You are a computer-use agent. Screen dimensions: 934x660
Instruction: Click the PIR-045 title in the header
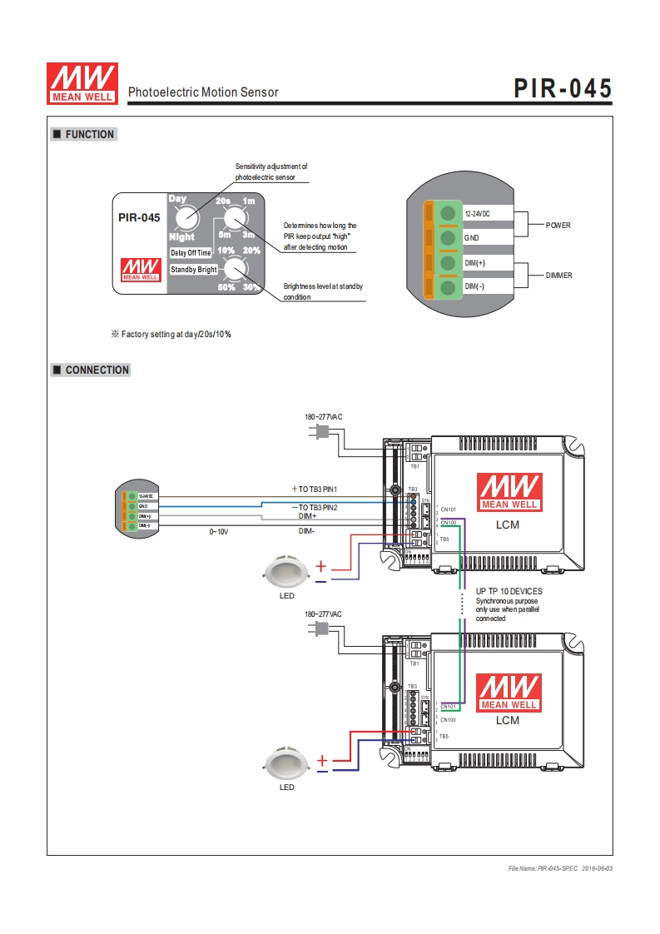[x=562, y=88]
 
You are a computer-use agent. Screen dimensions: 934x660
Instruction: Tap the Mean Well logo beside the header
[x=81, y=83]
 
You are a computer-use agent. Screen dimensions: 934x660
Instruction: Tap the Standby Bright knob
[x=236, y=268]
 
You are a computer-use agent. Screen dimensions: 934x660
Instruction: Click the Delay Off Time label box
[x=191, y=252]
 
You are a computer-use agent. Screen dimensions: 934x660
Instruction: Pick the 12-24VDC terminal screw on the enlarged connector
[x=449, y=213]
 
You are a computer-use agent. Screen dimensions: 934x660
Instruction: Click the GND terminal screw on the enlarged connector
[x=449, y=238]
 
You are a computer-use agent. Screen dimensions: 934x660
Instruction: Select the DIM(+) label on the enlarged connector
[x=475, y=263]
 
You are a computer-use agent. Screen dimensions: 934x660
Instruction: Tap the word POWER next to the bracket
[x=558, y=226]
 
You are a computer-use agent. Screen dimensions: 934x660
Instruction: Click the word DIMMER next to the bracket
[x=558, y=275]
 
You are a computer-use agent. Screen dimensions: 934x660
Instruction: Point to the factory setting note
[x=171, y=334]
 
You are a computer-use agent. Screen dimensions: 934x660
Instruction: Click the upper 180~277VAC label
[x=323, y=416]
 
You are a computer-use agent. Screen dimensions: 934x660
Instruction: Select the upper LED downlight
[x=286, y=570]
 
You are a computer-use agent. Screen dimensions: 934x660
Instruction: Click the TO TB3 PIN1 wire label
[x=317, y=488]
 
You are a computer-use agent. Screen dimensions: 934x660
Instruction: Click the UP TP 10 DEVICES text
[x=509, y=591]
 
